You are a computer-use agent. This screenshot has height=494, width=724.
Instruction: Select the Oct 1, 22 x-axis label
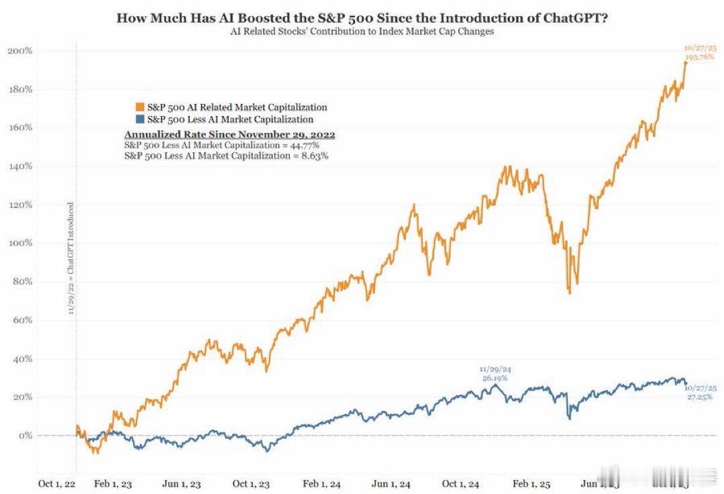pos(56,484)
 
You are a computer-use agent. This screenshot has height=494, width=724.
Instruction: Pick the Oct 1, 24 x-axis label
pos(460,484)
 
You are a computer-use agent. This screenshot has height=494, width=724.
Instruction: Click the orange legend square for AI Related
pos(139,107)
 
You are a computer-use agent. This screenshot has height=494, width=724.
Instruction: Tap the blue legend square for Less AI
pos(139,119)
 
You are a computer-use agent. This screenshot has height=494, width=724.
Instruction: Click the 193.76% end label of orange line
pos(699,57)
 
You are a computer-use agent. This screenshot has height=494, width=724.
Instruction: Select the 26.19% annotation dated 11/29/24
pos(495,378)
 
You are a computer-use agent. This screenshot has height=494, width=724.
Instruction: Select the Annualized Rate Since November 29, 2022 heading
pos(229,134)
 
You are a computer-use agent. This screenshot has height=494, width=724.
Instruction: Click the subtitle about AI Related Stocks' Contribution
pos(362,32)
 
